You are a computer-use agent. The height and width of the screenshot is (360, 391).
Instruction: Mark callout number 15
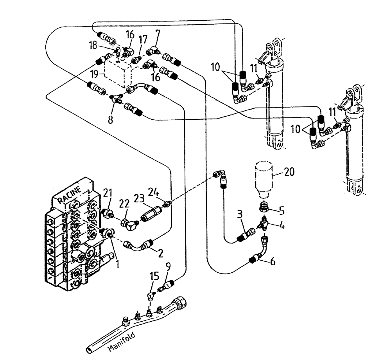coord(155,277)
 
